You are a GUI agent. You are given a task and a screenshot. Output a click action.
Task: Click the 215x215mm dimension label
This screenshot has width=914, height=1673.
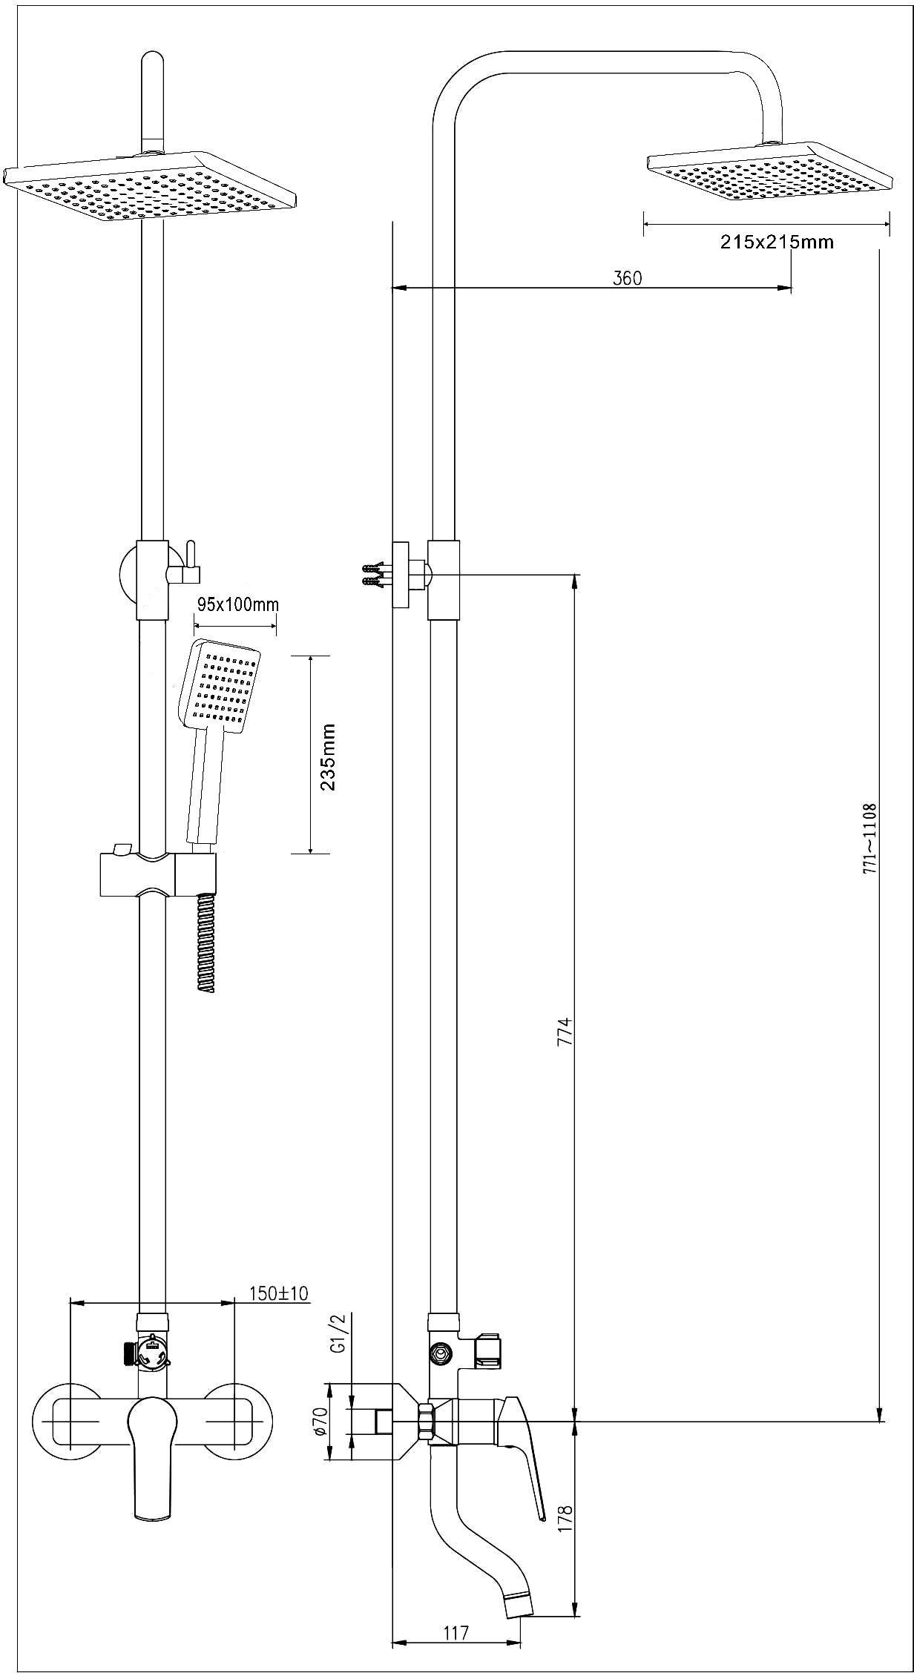pos(777,242)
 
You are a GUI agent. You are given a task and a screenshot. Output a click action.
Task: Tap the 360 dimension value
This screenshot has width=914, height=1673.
pos(628,278)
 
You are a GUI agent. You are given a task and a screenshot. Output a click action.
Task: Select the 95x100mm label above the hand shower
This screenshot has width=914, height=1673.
pos(237,604)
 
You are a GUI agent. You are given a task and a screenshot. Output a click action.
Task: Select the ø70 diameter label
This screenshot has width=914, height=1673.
pos(320,1422)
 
